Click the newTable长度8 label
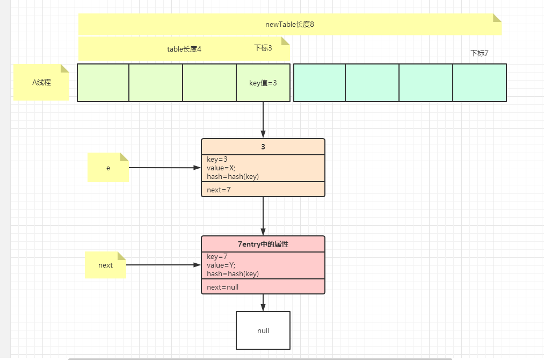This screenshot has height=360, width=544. click(x=289, y=25)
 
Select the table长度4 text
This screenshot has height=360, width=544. click(x=184, y=49)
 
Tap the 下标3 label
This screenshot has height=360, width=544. click(x=263, y=48)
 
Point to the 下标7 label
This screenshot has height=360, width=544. click(x=479, y=53)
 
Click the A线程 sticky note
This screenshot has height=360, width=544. click(x=41, y=83)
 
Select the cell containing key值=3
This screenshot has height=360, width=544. click(x=263, y=83)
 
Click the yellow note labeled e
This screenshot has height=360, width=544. click(x=108, y=168)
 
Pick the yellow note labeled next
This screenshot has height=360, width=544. click(x=105, y=265)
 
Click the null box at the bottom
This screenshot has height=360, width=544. click(x=263, y=330)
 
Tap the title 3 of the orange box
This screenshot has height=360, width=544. click(x=263, y=147)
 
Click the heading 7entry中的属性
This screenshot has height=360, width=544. click(x=263, y=244)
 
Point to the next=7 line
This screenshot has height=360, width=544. click(x=220, y=190)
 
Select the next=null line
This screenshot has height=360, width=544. click(x=222, y=287)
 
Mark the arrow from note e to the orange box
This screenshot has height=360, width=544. click(x=164, y=168)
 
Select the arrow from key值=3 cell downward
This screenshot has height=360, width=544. click(x=263, y=119)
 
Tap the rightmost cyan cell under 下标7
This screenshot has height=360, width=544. click(x=480, y=83)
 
